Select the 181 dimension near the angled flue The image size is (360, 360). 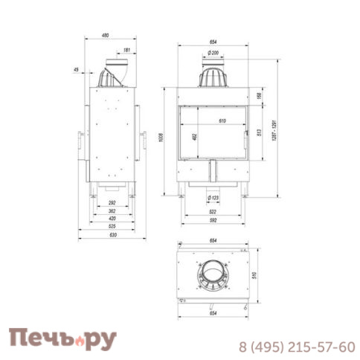126,50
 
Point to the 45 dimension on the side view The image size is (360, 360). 77,69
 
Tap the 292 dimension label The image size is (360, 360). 112,203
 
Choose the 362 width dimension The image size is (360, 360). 112,211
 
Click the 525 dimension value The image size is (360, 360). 112,227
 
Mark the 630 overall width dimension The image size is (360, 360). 112,235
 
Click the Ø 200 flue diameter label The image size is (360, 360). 213,53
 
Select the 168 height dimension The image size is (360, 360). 260,95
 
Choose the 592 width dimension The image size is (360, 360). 213,219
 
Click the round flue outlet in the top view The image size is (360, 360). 213,274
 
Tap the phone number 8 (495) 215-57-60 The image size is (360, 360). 297,347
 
